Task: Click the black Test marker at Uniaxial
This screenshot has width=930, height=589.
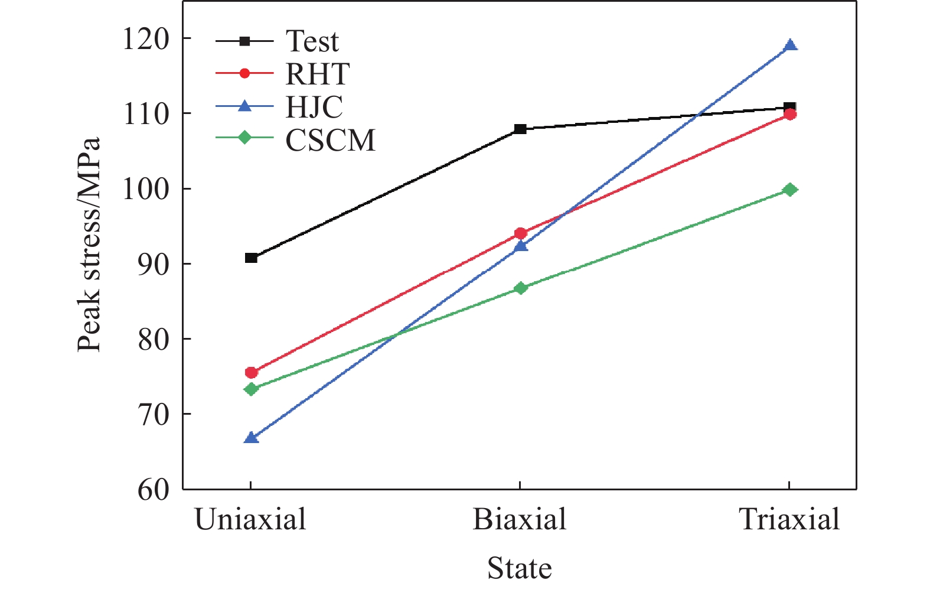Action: click(251, 258)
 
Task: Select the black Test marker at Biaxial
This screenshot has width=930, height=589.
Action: click(520, 129)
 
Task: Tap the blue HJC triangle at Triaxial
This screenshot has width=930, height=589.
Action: click(790, 46)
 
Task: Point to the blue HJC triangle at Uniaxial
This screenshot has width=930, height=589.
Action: click(251, 438)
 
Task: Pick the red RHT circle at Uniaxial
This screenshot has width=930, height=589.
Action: click(251, 372)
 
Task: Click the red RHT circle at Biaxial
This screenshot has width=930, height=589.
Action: click(520, 233)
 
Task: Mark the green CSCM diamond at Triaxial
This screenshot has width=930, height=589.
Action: click(790, 190)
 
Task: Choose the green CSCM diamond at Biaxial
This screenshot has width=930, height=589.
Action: click(520, 288)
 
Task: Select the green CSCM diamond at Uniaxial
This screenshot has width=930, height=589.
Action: click(251, 389)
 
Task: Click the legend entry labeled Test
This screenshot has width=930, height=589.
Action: click(312, 41)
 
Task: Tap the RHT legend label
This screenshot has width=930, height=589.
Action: click(317, 74)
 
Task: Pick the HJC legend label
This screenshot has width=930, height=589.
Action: click(314, 108)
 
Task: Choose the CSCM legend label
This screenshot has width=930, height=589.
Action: click(330, 141)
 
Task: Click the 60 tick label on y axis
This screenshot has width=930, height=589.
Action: click(153, 490)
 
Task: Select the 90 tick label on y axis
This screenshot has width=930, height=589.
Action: click(153, 264)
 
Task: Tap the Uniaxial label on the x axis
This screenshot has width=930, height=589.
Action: click(250, 520)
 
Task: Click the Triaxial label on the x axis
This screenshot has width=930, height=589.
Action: click(789, 520)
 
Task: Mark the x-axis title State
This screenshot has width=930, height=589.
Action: click(519, 568)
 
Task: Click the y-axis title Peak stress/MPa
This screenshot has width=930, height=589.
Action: click(90, 245)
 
